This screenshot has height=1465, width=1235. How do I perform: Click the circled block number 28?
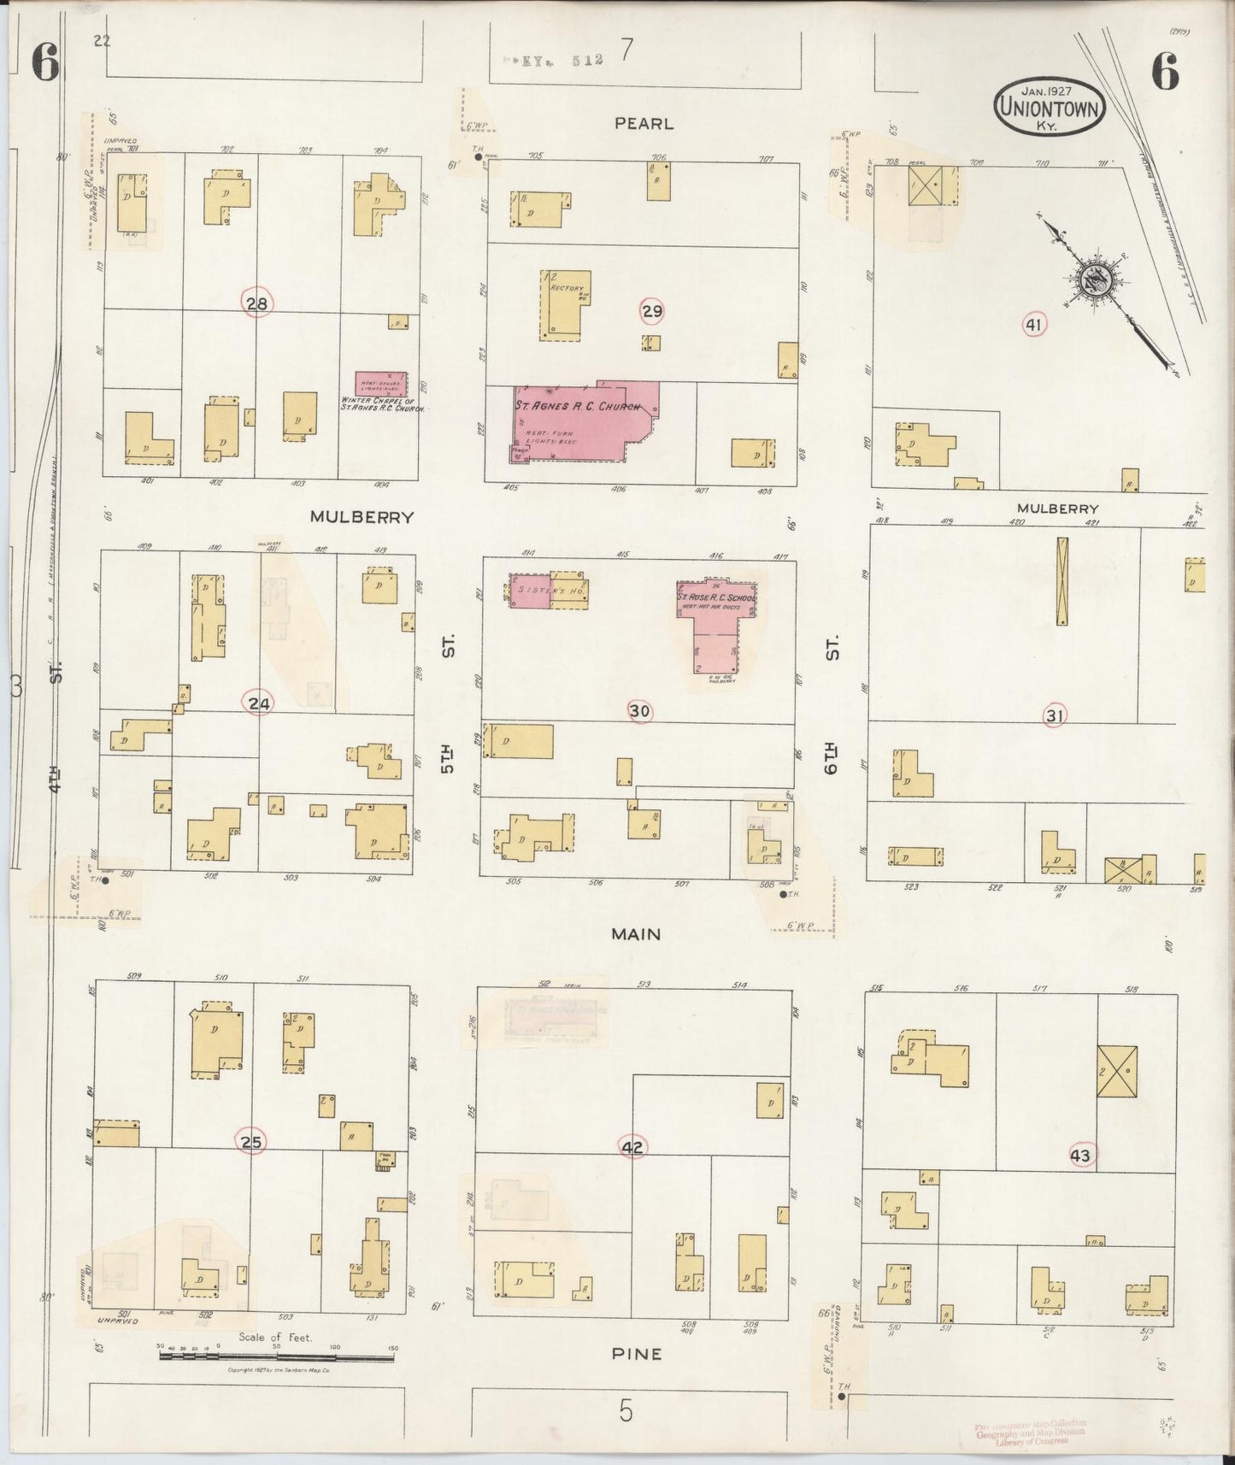pyautogui.click(x=257, y=303)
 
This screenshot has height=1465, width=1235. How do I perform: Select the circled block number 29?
pyautogui.click(x=652, y=311)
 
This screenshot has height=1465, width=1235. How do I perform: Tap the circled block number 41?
pyautogui.click(x=1034, y=324)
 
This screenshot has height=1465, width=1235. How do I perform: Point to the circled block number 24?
pyautogui.click(x=259, y=703)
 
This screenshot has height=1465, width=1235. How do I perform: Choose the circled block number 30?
pyautogui.click(x=639, y=710)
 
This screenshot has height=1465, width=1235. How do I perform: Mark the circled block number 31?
pyautogui.click(x=1055, y=715)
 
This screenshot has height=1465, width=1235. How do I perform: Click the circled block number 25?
pyautogui.click(x=252, y=1142)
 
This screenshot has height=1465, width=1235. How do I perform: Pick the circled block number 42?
pyautogui.click(x=632, y=1147)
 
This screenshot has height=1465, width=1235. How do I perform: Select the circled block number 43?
pyautogui.click(x=1080, y=1156)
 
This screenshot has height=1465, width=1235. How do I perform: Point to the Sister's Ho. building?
pyautogui.click(x=549, y=591)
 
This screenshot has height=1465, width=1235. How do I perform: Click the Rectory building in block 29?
pyautogui.click(x=562, y=304)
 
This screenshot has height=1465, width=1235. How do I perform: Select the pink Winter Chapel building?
pyautogui.click(x=380, y=383)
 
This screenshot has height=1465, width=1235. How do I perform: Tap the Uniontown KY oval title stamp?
pyautogui.click(x=1049, y=107)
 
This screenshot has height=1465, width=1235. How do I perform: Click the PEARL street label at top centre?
pyautogui.click(x=644, y=124)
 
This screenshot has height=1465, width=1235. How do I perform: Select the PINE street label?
pyautogui.click(x=637, y=1353)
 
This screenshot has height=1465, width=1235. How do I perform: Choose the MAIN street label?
pyautogui.click(x=636, y=934)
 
